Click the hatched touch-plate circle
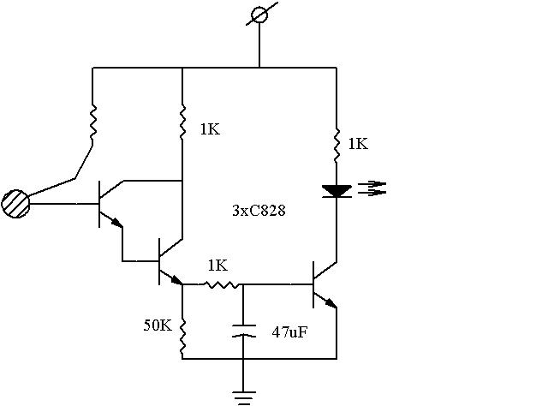tap(15, 204)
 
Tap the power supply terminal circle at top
tap(259, 15)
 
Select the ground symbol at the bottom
tap(243, 398)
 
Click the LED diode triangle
tap(337, 191)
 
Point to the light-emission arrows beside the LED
tap(372, 188)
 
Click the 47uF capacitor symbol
tap(243, 331)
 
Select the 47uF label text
tap(289, 331)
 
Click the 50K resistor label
tap(158, 325)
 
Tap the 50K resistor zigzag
tap(182, 336)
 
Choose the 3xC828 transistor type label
tap(259, 211)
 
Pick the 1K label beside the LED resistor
tap(358, 144)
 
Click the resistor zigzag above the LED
tap(337, 145)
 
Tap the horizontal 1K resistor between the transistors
tap(221, 284)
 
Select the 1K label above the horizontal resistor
tap(217, 266)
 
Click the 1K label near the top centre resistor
tap(210, 129)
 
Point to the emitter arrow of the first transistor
tap(116, 222)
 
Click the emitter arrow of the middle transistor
tap(176, 279)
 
